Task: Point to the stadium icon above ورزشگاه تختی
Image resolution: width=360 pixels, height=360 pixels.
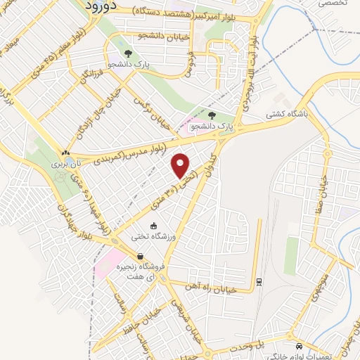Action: tap(154, 225)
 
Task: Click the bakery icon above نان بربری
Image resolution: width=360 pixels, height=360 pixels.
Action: tap(65, 153)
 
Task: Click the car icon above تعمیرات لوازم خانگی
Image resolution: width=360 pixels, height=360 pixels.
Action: tap(300, 346)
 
